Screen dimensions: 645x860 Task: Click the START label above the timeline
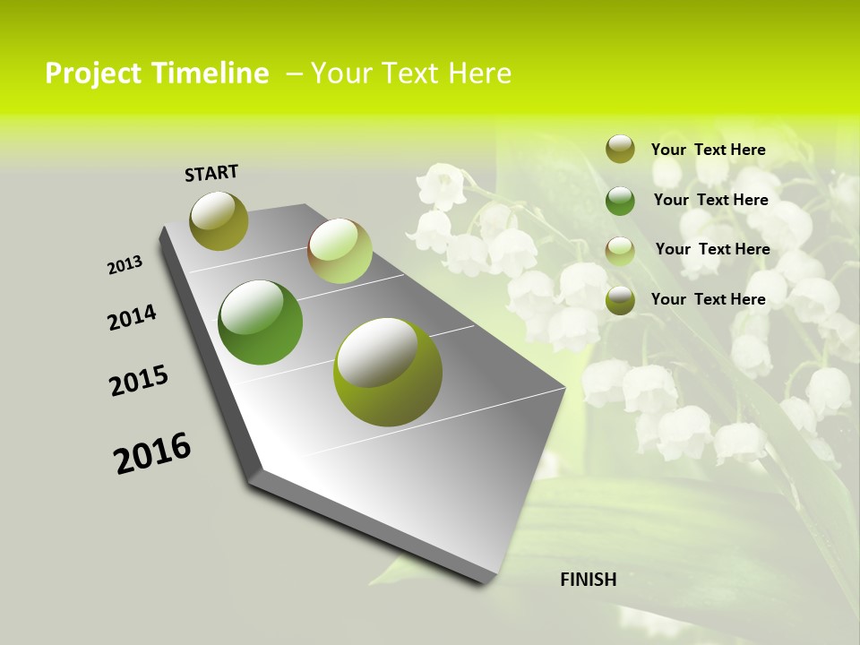coord(211,173)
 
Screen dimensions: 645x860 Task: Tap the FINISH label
coord(588,580)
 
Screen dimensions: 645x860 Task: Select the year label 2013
coord(125,265)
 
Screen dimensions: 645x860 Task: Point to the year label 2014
coord(132,317)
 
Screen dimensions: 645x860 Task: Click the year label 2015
coord(138,381)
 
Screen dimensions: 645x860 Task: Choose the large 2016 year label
coord(152,452)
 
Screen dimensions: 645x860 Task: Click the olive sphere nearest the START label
coord(219,220)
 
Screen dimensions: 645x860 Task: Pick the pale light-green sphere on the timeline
coord(340,251)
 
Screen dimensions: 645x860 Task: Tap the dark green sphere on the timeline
coord(261,322)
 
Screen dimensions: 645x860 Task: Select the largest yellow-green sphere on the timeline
coord(388,372)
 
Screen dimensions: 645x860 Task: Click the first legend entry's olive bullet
coord(620,149)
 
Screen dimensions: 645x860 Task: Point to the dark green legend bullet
coord(620,200)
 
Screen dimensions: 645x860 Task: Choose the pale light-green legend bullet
coord(620,250)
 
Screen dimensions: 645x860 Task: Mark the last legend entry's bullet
coord(620,300)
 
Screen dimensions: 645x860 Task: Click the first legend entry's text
coord(708,150)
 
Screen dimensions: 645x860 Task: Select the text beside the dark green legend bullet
coord(710,200)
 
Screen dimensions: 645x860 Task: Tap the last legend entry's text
coord(708,299)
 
